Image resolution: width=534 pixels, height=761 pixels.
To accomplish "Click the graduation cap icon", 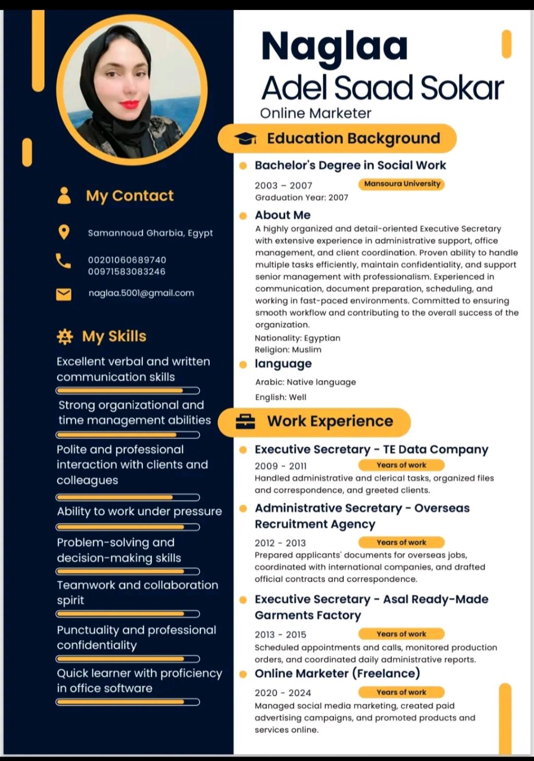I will click(245, 139).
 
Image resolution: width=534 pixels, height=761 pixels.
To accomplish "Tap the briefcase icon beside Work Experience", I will click(245, 421).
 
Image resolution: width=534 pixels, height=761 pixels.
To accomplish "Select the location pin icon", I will click(64, 232).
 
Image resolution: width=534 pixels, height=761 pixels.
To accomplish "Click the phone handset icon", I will click(64, 261).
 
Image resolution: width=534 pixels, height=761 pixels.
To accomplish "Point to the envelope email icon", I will click(64, 294).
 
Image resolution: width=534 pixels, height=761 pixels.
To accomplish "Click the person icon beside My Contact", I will click(64, 195).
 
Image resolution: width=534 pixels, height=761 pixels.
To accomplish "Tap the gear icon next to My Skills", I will click(65, 337).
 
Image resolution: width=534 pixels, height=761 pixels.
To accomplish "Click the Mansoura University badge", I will click(402, 184).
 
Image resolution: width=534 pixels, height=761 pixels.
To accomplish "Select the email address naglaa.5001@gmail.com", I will click(141, 293).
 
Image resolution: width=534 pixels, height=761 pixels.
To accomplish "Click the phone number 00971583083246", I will click(127, 272).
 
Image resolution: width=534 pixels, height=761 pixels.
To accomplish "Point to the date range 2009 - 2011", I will click(281, 466).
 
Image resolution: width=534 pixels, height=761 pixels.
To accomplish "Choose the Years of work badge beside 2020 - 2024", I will click(401, 692).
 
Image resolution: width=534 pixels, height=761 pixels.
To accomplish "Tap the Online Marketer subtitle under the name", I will click(315, 113).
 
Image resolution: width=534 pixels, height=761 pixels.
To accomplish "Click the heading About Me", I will click(283, 215).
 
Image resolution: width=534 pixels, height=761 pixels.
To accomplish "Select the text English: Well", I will click(281, 397).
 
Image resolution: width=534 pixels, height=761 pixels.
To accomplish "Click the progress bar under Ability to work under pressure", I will click(128, 527).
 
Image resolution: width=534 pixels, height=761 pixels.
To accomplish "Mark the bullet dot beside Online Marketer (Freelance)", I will click(243, 674).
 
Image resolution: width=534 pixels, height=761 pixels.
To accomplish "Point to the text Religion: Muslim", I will click(288, 350).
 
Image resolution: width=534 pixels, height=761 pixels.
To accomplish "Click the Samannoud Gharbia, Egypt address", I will click(150, 233).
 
